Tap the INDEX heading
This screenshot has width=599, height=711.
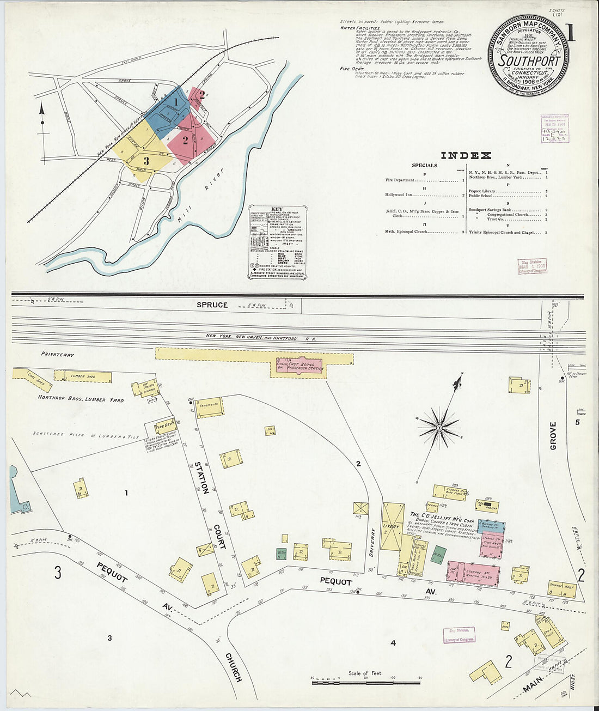[466, 156]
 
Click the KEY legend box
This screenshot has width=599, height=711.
[277, 242]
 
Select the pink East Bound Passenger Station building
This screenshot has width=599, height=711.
[300, 367]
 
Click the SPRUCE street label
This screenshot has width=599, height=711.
[212, 305]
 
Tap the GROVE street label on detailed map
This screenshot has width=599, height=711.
[553, 435]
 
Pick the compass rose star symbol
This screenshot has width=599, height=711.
[439, 427]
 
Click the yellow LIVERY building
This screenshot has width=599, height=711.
[392, 526]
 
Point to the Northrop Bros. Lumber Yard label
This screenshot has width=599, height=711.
[81, 399]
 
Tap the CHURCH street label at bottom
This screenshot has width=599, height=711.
[234, 667]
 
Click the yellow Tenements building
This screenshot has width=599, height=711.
[209, 406]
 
